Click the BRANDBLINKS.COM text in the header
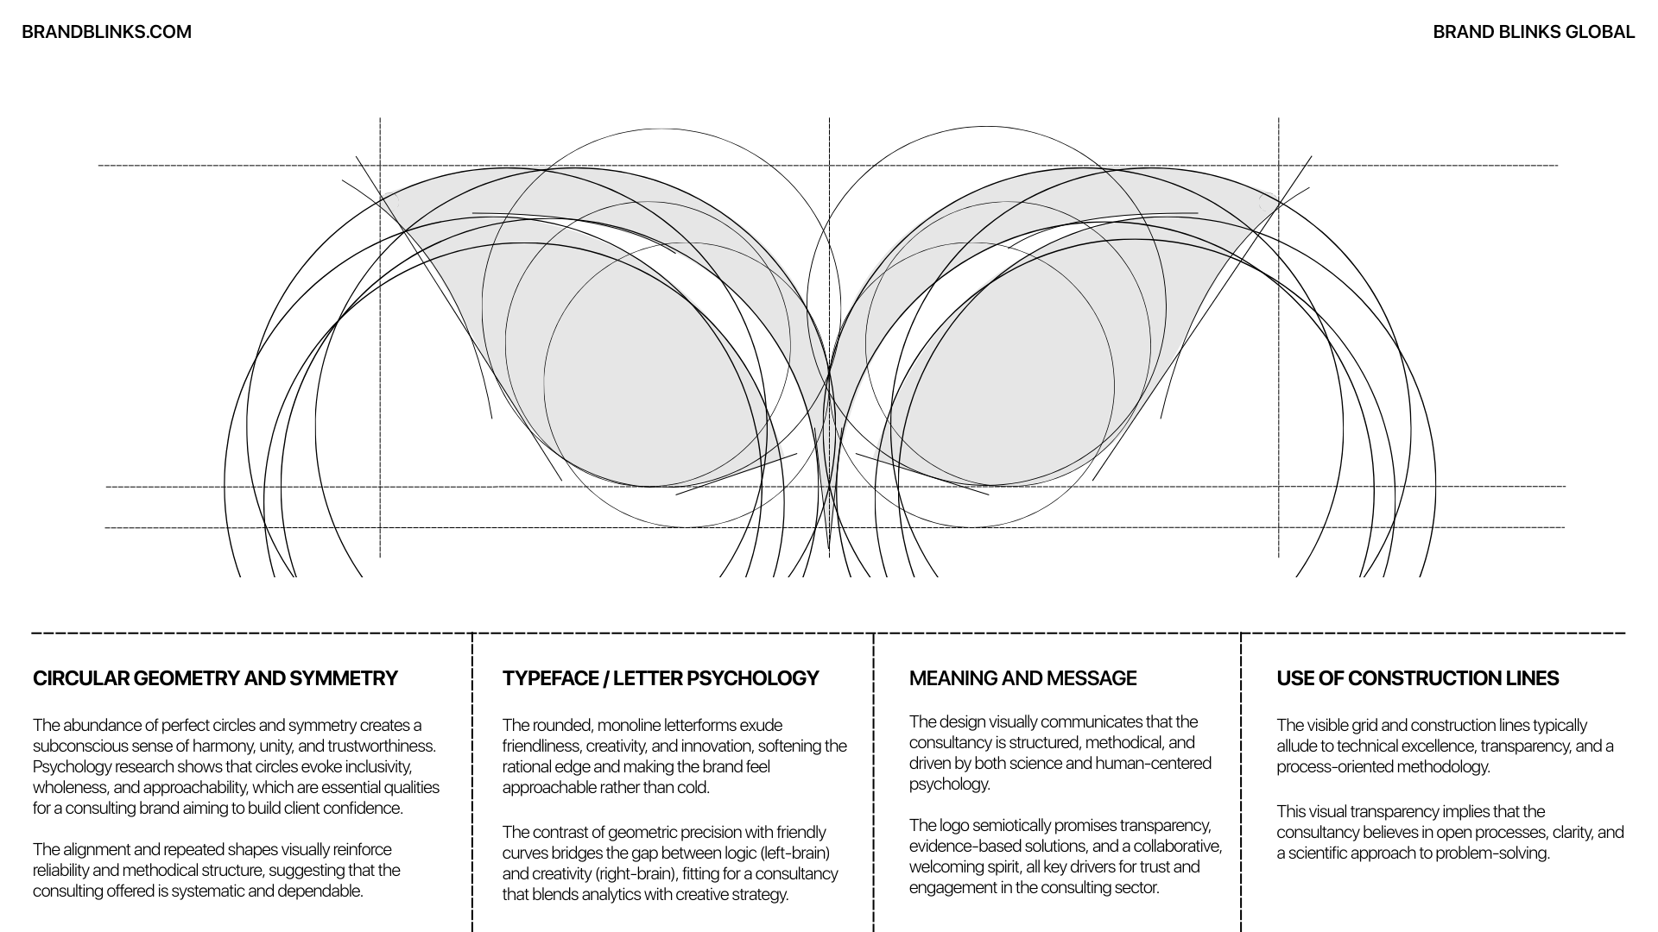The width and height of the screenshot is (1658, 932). coord(106,32)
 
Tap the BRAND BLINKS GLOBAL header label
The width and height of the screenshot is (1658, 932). coord(1533,32)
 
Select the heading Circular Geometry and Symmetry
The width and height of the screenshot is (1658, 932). coord(215,678)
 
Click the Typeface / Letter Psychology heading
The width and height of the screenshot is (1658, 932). coord(660,678)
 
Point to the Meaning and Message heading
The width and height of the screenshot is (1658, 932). coord(1022,678)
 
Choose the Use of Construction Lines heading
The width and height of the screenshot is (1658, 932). coord(1417,678)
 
